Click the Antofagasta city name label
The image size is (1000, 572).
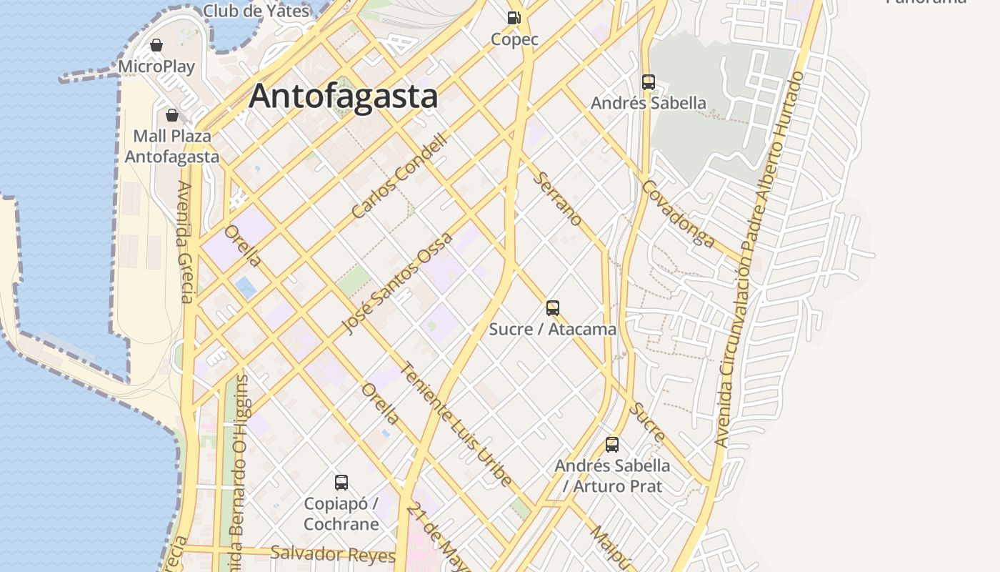(343, 96)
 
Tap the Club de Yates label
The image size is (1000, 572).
(256, 11)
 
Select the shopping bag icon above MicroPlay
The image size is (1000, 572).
(156, 46)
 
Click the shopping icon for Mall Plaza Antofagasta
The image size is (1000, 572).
(172, 115)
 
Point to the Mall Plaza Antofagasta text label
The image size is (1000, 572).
(172, 146)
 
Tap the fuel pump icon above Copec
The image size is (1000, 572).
(514, 18)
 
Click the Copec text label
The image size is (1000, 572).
(514, 39)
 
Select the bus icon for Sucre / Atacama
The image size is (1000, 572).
(552, 308)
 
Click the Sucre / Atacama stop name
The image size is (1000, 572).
(552, 329)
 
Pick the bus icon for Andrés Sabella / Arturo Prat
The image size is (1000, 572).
(612, 445)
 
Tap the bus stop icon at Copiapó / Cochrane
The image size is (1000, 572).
(341, 483)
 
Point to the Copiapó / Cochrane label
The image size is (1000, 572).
(341, 513)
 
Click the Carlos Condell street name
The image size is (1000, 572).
(399, 176)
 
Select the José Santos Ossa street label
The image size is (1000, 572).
(396, 283)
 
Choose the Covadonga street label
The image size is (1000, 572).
(678, 213)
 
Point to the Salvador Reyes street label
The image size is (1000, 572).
(333, 554)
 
